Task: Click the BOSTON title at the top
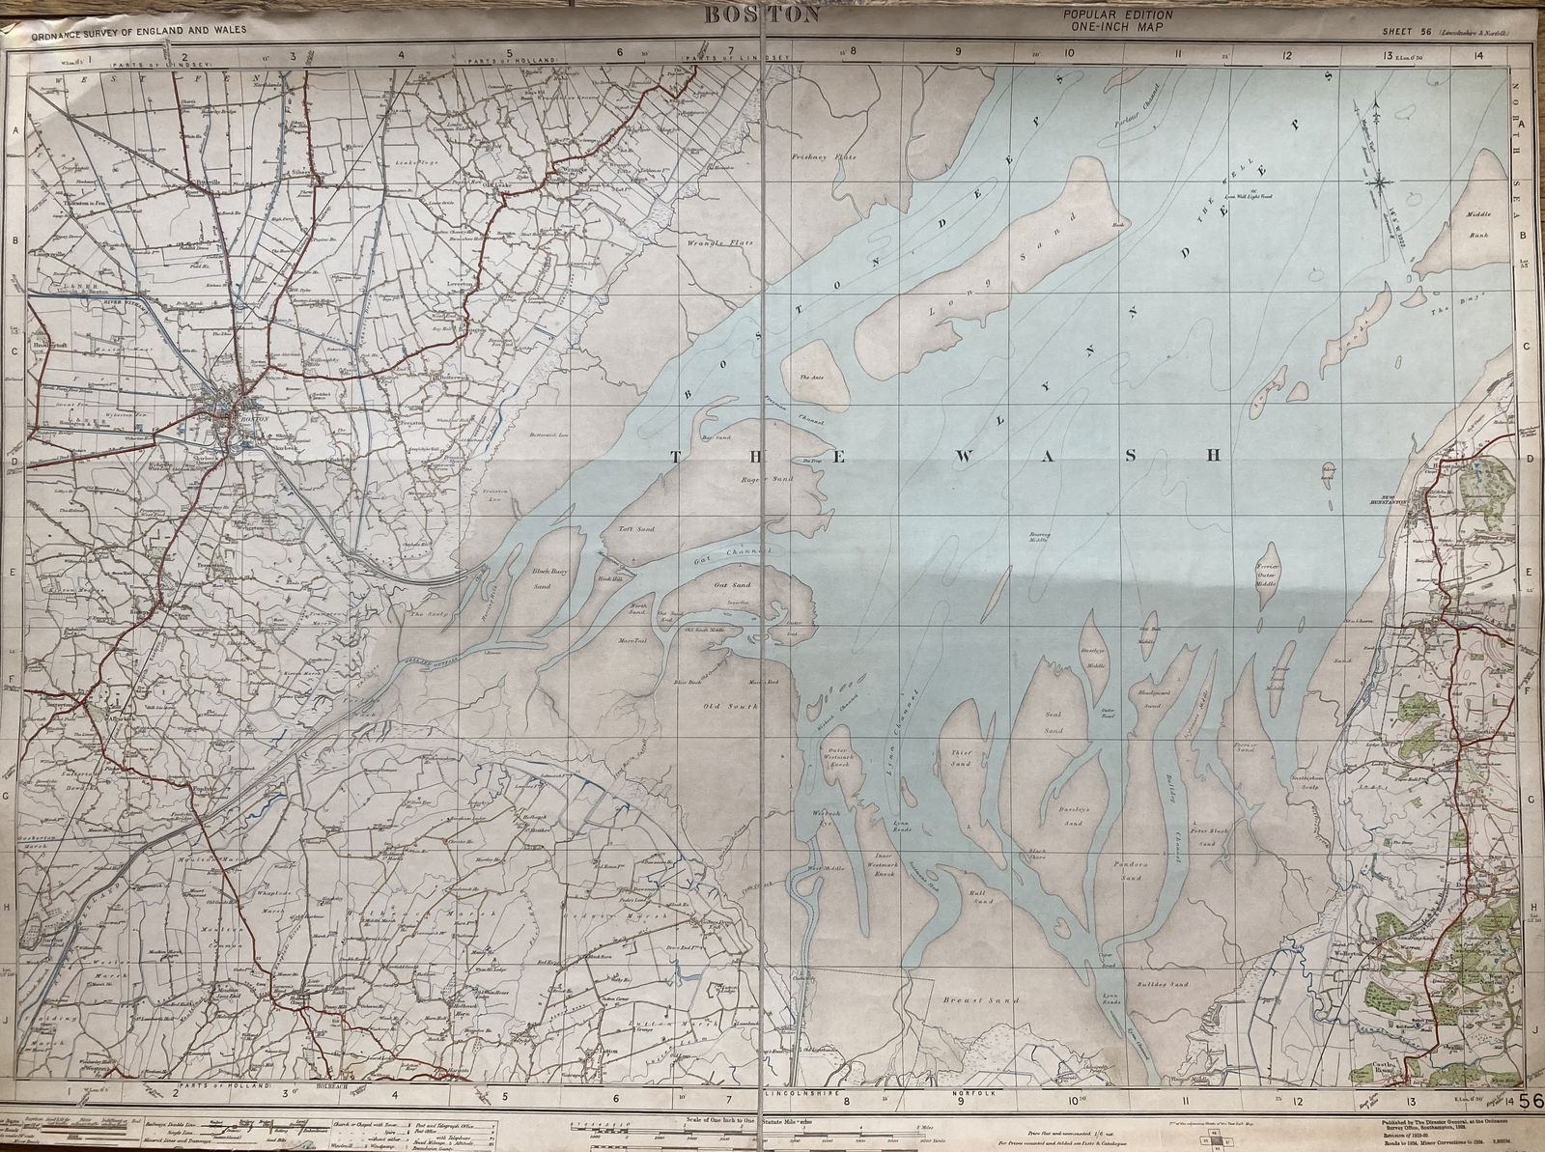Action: point(763,14)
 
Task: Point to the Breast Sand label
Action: point(959,1001)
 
